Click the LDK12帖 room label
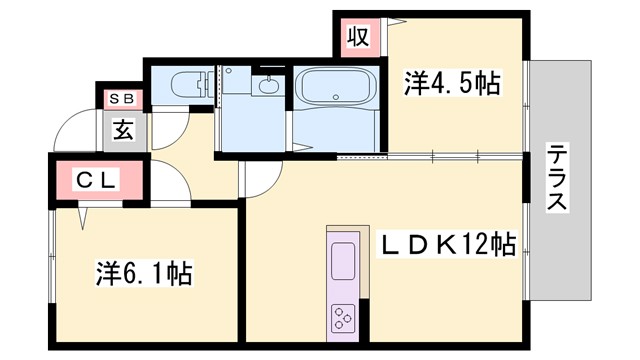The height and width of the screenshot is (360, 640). click(447, 244)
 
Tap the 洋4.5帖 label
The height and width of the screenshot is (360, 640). click(452, 82)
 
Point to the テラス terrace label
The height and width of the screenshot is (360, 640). click(558, 178)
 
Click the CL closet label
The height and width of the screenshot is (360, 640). click(98, 181)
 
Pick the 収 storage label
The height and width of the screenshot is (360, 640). click(358, 37)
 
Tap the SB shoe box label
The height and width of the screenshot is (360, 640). click(123, 98)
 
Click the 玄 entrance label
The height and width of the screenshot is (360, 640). click(123, 129)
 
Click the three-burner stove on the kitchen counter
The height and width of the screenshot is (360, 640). click(344, 317)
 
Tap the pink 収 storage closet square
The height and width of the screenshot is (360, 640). click(358, 37)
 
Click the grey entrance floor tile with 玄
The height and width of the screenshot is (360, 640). click(124, 130)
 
